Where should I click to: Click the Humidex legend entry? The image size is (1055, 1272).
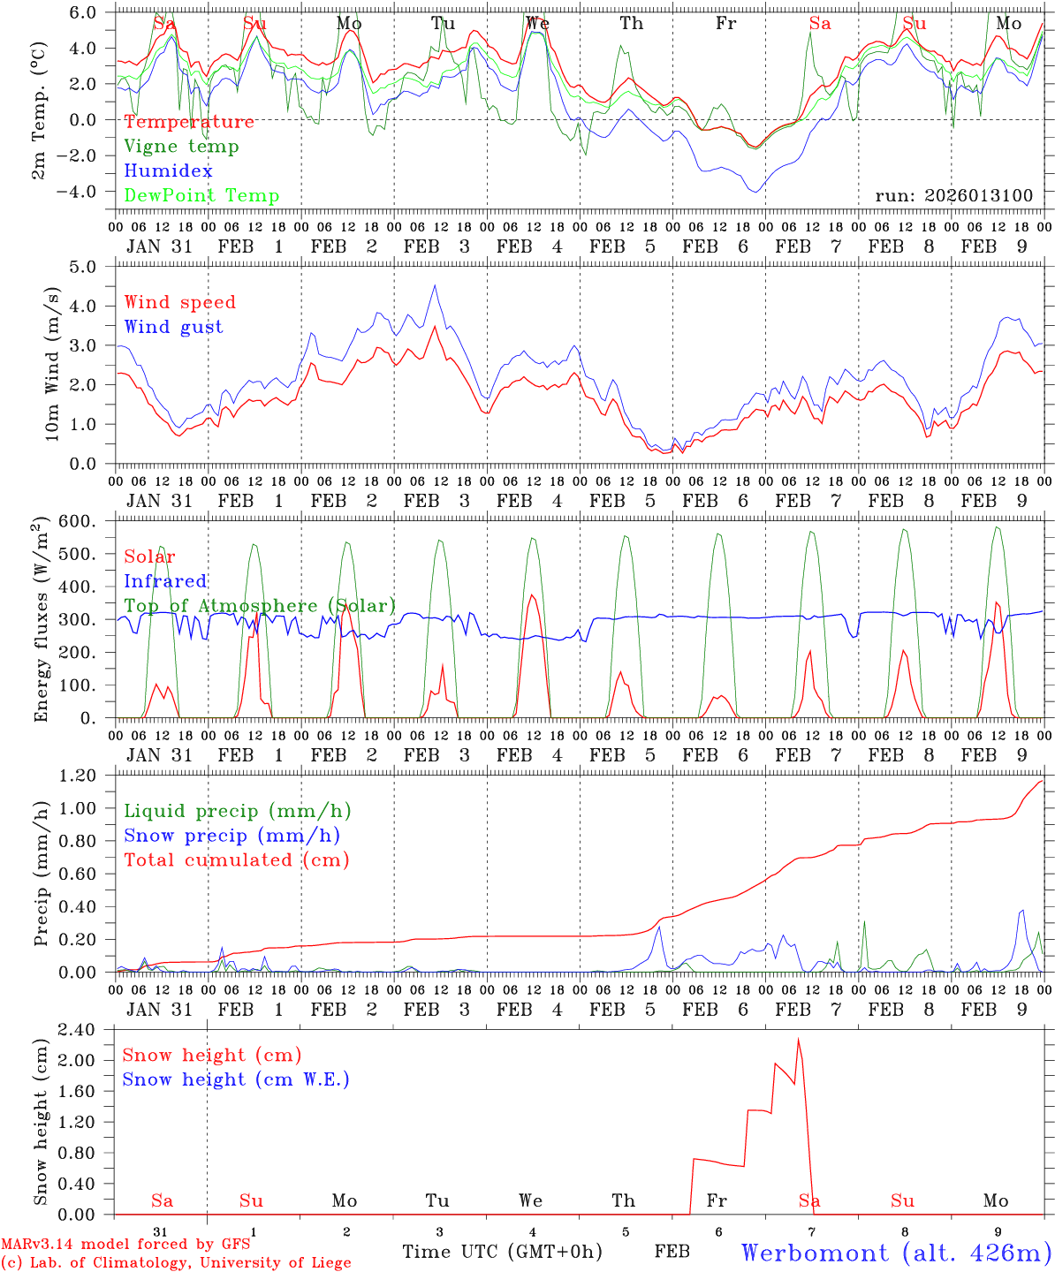[x=168, y=170]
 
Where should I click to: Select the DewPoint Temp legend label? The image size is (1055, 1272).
[x=201, y=195]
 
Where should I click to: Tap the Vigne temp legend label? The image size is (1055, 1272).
[x=181, y=146]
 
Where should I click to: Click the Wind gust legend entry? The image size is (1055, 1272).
[x=173, y=327]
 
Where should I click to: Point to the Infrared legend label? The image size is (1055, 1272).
[x=165, y=581]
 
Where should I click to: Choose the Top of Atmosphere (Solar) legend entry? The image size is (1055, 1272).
[x=260, y=606]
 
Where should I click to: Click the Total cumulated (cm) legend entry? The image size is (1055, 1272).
[x=236, y=859]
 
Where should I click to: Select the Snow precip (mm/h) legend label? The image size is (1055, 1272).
[x=231, y=836]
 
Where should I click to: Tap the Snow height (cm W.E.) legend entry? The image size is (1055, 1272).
[x=235, y=1079]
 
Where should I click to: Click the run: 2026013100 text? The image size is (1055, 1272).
[x=953, y=195]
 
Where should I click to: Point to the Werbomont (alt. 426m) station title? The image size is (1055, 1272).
[x=895, y=1253]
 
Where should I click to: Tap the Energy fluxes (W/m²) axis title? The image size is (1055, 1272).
[x=42, y=621]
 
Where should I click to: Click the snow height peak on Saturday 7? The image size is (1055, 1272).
[x=798, y=1040]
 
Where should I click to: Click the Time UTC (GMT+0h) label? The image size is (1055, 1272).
[x=502, y=1252]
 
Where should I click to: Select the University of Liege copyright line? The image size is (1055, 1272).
[x=176, y=1262]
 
